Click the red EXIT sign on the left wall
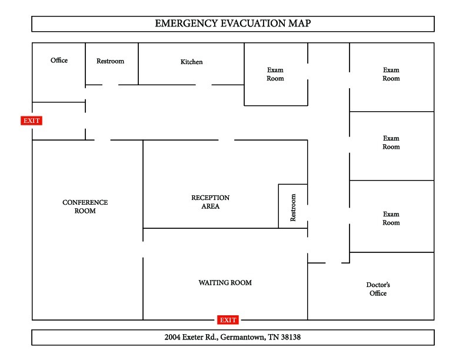click(x=32, y=121)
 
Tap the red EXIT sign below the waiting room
click(x=228, y=320)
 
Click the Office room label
click(x=59, y=61)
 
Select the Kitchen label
click(x=191, y=62)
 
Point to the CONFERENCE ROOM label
click(x=85, y=206)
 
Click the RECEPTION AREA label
click(x=210, y=202)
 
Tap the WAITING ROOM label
click(x=225, y=283)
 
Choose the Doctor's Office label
click(x=378, y=289)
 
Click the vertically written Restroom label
click(x=293, y=208)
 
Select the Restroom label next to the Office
click(x=110, y=61)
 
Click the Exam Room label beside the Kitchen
click(x=275, y=74)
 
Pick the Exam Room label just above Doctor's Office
click(x=391, y=218)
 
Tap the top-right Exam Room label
click(x=391, y=74)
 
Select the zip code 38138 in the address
click(x=289, y=338)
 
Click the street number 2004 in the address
click(x=175, y=338)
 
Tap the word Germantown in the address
click(x=242, y=338)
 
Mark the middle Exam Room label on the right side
click(x=391, y=142)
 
